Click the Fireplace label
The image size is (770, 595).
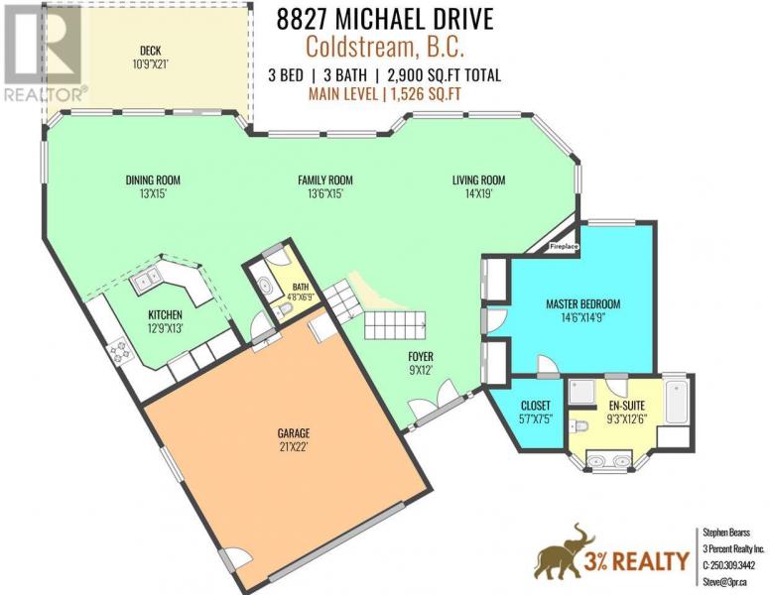tap(564, 247)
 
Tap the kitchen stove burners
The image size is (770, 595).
tap(119, 351)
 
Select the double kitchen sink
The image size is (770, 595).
tap(145, 280)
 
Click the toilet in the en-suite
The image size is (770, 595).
tap(578, 426)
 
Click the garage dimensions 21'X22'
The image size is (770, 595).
tap(294, 447)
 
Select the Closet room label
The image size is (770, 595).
tap(535, 406)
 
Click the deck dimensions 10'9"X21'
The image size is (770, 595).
tap(151, 64)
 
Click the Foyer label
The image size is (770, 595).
tap(421, 357)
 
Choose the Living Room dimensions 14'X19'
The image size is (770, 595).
tap(479, 194)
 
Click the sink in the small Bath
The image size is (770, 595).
tap(266, 286)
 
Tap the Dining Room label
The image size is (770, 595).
tap(153, 180)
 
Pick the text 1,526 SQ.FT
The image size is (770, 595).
tap(426, 94)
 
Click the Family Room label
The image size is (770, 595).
tap(325, 180)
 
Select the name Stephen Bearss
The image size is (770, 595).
tap(726, 533)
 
